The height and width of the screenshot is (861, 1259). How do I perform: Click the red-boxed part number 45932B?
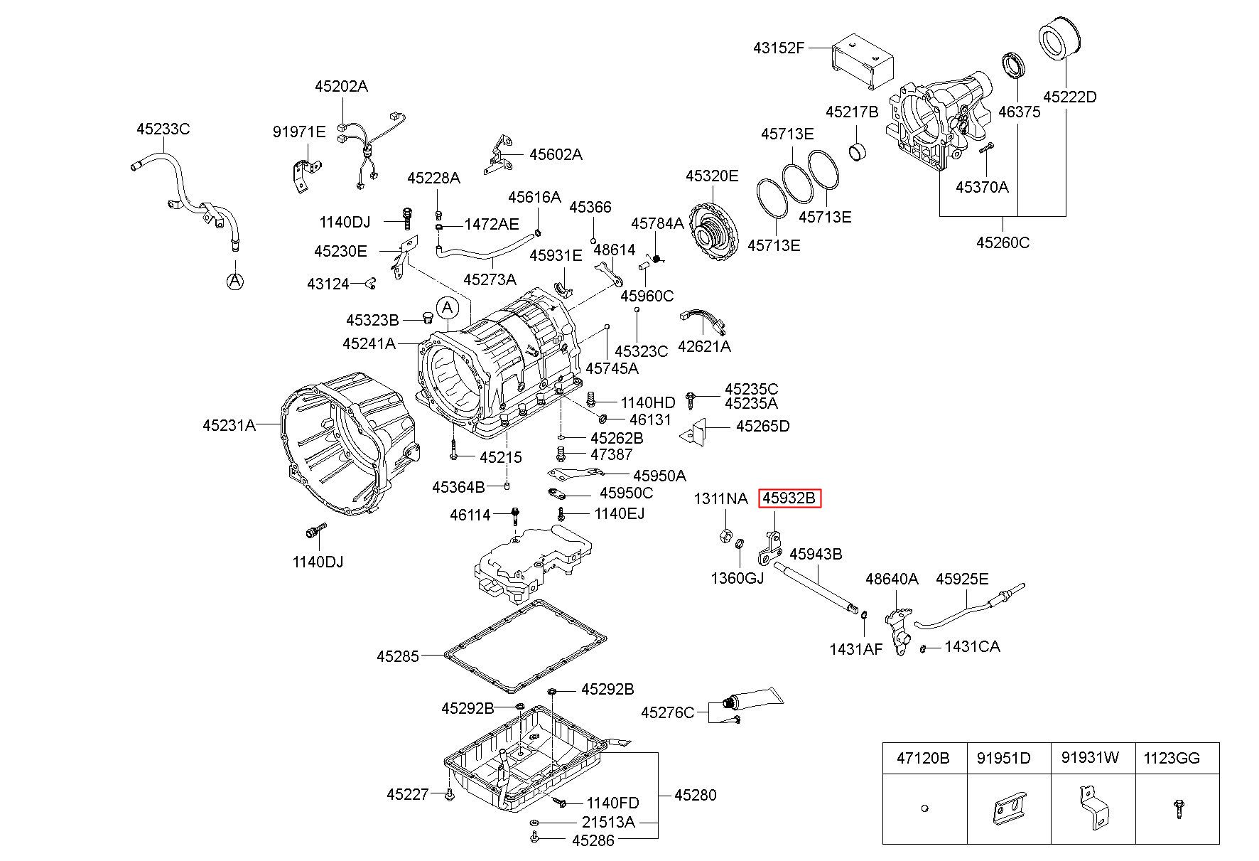click(x=789, y=498)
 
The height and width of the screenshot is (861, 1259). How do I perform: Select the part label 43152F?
click(x=779, y=48)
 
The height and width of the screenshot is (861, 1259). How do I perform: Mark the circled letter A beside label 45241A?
click(x=447, y=308)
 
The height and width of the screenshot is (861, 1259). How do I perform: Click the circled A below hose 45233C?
click(x=234, y=282)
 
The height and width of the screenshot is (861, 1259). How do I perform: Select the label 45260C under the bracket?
click(x=1003, y=242)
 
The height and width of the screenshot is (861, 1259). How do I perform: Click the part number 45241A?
click(x=369, y=343)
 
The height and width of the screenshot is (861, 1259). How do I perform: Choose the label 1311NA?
click(x=720, y=498)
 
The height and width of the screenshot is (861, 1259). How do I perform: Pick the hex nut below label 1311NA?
click(x=722, y=535)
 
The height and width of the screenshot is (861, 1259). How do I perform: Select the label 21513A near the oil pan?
click(x=608, y=821)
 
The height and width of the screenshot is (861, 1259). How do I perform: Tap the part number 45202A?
click(x=341, y=87)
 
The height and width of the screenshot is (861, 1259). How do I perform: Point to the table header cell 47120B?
click(x=923, y=759)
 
